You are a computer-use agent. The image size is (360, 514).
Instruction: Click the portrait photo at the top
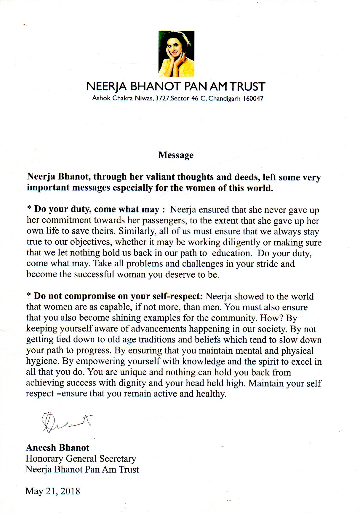[x=177, y=54]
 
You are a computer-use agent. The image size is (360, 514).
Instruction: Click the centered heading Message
[x=176, y=155]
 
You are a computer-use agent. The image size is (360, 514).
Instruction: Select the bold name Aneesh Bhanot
[x=57, y=447]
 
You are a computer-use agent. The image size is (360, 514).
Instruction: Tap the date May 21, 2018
[x=53, y=491]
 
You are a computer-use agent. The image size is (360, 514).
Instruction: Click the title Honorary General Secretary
[x=81, y=459]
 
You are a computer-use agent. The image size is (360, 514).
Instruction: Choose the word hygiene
[x=41, y=362]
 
